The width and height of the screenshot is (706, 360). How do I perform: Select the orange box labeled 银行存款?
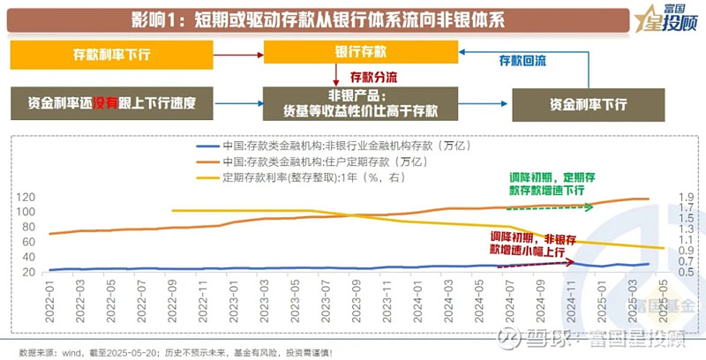point(361,52)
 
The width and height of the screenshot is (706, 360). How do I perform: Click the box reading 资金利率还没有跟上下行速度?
point(112,102)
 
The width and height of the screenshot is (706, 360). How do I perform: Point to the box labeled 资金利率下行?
point(588,103)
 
